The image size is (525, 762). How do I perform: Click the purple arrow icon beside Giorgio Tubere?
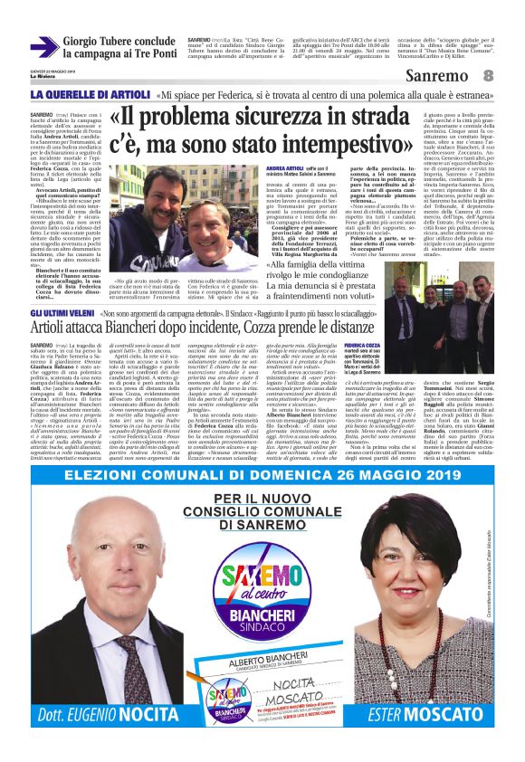click(x=43, y=47)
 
